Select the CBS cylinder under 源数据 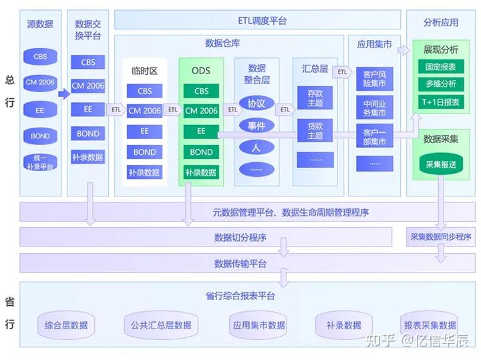pos(40,57)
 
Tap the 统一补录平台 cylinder pos(40,162)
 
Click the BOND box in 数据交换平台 pos(88,134)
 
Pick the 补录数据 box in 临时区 pos(144,172)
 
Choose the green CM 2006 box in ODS pos(201,111)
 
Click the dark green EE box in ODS pos(201,132)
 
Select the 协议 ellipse pos(257,104)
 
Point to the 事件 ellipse pos(257,126)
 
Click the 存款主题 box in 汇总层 pos(315,98)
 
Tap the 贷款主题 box pos(315,131)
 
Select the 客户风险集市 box pos(374,77)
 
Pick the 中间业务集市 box pos(374,108)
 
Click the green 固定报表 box pos(440,67)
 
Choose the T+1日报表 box pos(440,102)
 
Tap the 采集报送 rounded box pos(440,164)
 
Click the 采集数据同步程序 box pos(440,236)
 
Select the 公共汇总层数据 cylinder pos(158,325)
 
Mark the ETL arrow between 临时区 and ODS pos(173,110)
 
